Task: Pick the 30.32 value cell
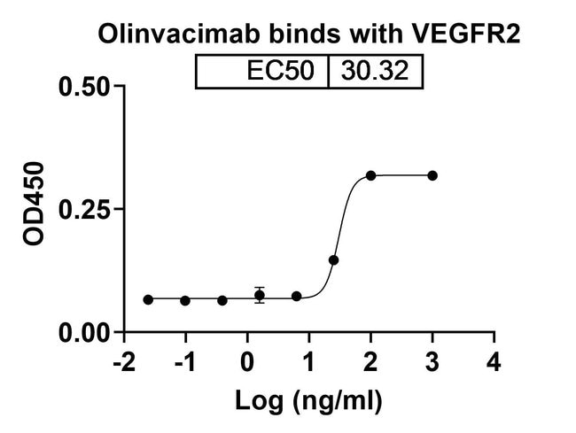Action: click(376, 71)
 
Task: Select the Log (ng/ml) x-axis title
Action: click(308, 400)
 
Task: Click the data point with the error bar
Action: click(260, 296)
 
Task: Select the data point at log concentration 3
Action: click(432, 175)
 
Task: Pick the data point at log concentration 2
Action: click(370, 175)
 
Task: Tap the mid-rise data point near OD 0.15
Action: click(334, 260)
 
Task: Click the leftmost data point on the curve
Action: click(148, 300)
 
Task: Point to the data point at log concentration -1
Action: click(185, 301)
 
